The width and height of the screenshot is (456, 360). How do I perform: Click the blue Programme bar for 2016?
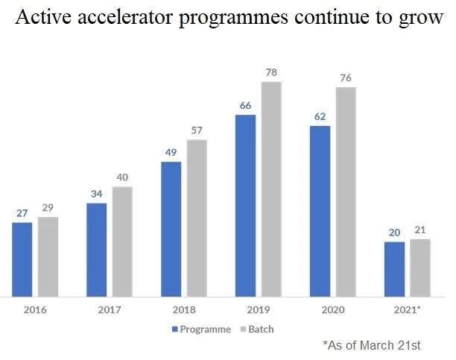(x=22, y=259)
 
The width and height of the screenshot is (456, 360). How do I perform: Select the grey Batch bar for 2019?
(x=271, y=189)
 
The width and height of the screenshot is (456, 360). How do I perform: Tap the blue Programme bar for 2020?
(x=320, y=211)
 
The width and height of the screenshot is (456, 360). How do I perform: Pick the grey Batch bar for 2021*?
(x=420, y=267)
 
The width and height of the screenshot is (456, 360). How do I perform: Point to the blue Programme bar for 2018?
(x=171, y=228)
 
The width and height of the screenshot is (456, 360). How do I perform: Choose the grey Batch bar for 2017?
(x=122, y=241)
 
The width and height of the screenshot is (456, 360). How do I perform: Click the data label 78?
(x=271, y=72)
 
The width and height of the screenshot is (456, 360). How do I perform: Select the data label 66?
(x=245, y=105)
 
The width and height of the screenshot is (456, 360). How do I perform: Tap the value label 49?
(x=171, y=152)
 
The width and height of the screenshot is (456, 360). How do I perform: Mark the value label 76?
(x=346, y=78)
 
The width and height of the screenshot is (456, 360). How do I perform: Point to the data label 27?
(x=22, y=213)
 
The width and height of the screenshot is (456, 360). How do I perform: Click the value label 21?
(x=420, y=230)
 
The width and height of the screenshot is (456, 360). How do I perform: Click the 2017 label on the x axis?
(x=109, y=309)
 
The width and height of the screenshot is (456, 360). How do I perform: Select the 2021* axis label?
(x=407, y=309)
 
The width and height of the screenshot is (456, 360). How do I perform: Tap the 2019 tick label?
(x=258, y=309)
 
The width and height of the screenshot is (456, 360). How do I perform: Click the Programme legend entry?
(x=201, y=328)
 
